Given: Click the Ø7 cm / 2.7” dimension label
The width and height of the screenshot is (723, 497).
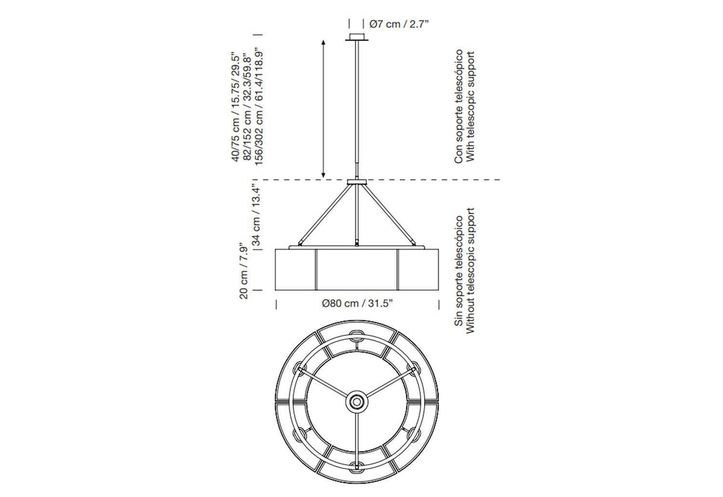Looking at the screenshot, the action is [x=399, y=24].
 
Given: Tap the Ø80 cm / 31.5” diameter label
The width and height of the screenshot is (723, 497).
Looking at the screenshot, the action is [x=357, y=303].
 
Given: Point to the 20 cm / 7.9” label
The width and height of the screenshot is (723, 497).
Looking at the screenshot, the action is [x=243, y=271].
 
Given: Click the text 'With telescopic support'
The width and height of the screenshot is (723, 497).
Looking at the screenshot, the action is [x=471, y=106].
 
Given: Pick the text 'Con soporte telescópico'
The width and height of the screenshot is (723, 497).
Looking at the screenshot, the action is [x=459, y=106].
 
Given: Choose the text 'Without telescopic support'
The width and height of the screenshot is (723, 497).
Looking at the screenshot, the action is [x=471, y=270].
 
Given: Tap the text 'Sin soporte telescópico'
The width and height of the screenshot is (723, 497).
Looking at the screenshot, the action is [x=459, y=270].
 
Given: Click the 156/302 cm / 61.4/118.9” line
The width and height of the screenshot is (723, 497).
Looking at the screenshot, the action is [x=259, y=107].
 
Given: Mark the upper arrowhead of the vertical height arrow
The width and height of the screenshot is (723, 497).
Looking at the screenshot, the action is [x=324, y=42].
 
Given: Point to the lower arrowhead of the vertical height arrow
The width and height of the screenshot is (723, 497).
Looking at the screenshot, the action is [x=324, y=176].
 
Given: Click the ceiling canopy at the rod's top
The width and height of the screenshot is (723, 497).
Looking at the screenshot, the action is [x=357, y=37].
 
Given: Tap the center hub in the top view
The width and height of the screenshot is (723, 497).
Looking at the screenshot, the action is [x=357, y=402].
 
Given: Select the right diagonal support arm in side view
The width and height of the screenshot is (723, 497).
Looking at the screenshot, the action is [x=389, y=215].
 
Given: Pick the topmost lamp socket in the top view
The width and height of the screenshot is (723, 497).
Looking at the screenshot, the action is [x=357, y=334].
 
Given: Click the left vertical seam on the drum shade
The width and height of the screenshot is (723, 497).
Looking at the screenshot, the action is [x=316, y=270].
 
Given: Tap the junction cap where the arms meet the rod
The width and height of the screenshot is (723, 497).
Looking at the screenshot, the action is [x=357, y=182].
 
